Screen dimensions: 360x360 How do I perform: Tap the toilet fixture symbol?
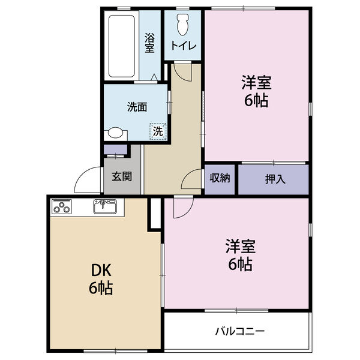click(184, 24)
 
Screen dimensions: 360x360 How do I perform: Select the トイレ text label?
click(184, 46)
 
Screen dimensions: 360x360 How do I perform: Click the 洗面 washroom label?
click(137, 107)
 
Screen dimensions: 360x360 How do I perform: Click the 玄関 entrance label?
click(122, 178)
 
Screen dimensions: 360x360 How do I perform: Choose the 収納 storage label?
click(220, 178)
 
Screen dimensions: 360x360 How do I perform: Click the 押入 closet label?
click(274, 179)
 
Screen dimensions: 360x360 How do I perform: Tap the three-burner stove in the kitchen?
click(62, 208)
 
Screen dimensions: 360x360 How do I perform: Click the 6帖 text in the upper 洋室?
click(256, 100)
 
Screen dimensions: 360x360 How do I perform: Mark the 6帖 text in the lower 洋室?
click(239, 263)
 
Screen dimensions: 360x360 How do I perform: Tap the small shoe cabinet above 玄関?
click(115, 149)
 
